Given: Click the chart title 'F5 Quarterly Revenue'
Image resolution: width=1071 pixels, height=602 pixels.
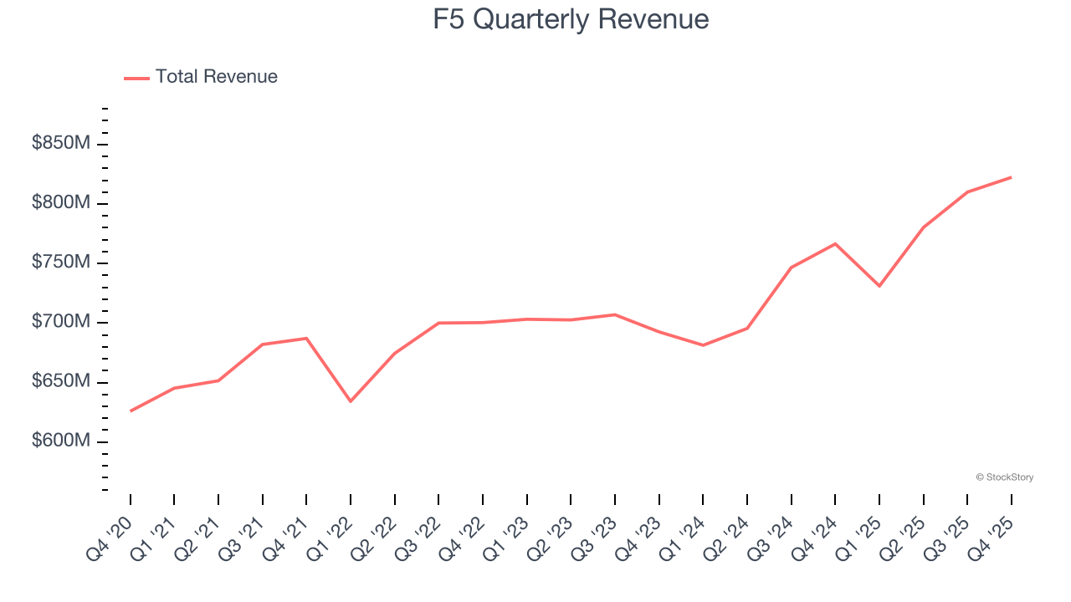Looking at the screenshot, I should tap(571, 19).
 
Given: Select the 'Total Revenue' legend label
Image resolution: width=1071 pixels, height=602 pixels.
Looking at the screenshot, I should tap(216, 77).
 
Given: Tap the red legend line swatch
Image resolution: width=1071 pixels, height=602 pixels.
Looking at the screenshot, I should tap(136, 78).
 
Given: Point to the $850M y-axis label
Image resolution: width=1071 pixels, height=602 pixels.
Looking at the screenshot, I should tap(61, 144).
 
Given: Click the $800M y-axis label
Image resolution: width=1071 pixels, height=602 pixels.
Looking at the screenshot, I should tap(61, 203).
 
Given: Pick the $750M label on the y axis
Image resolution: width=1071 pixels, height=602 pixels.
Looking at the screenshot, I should tap(61, 263).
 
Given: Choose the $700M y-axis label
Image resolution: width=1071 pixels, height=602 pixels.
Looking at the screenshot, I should tap(61, 322).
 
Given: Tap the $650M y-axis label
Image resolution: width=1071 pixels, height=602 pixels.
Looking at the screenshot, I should tap(61, 382).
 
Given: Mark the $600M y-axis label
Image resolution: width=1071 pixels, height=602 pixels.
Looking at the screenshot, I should tap(61, 441).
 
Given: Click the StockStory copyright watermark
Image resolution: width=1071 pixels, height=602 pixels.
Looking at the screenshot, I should tap(1004, 477).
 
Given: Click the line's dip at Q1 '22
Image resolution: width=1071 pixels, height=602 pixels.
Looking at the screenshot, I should tap(351, 401).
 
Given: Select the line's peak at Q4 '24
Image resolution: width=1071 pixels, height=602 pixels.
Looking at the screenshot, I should tap(835, 243).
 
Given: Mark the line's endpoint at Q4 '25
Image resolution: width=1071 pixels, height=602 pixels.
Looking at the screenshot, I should tap(1011, 177).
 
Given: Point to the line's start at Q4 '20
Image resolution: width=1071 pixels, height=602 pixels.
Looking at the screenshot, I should tap(131, 411).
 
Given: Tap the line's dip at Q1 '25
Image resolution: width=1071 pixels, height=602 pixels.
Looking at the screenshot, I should tap(879, 286).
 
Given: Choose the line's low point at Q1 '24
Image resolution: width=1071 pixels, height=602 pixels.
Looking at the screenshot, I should tap(703, 345).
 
